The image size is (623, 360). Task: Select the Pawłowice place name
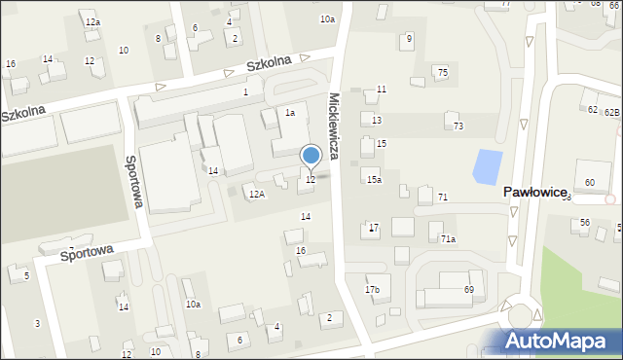click(x=534, y=193)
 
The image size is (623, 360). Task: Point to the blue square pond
click(x=487, y=167)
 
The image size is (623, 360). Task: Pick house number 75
click(x=442, y=73)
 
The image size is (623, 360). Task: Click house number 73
click(x=458, y=126)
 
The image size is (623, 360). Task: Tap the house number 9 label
click(x=409, y=39)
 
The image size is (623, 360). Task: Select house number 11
click(x=382, y=90)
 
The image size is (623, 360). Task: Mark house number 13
click(x=377, y=120)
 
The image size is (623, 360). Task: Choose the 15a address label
click(x=374, y=180)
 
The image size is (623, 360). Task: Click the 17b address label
click(x=373, y=290)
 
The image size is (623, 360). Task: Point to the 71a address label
click(x=448, y=238)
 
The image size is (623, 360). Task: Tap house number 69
click(x=468, y=290)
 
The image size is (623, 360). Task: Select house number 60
click(x=590, y=183)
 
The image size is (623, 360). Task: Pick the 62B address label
click(x=611, y=113)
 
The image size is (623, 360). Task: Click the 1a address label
click(x=289, y=113)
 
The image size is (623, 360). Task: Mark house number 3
click(x=37, y=323)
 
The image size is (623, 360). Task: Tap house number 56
click(x=585, y=223)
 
